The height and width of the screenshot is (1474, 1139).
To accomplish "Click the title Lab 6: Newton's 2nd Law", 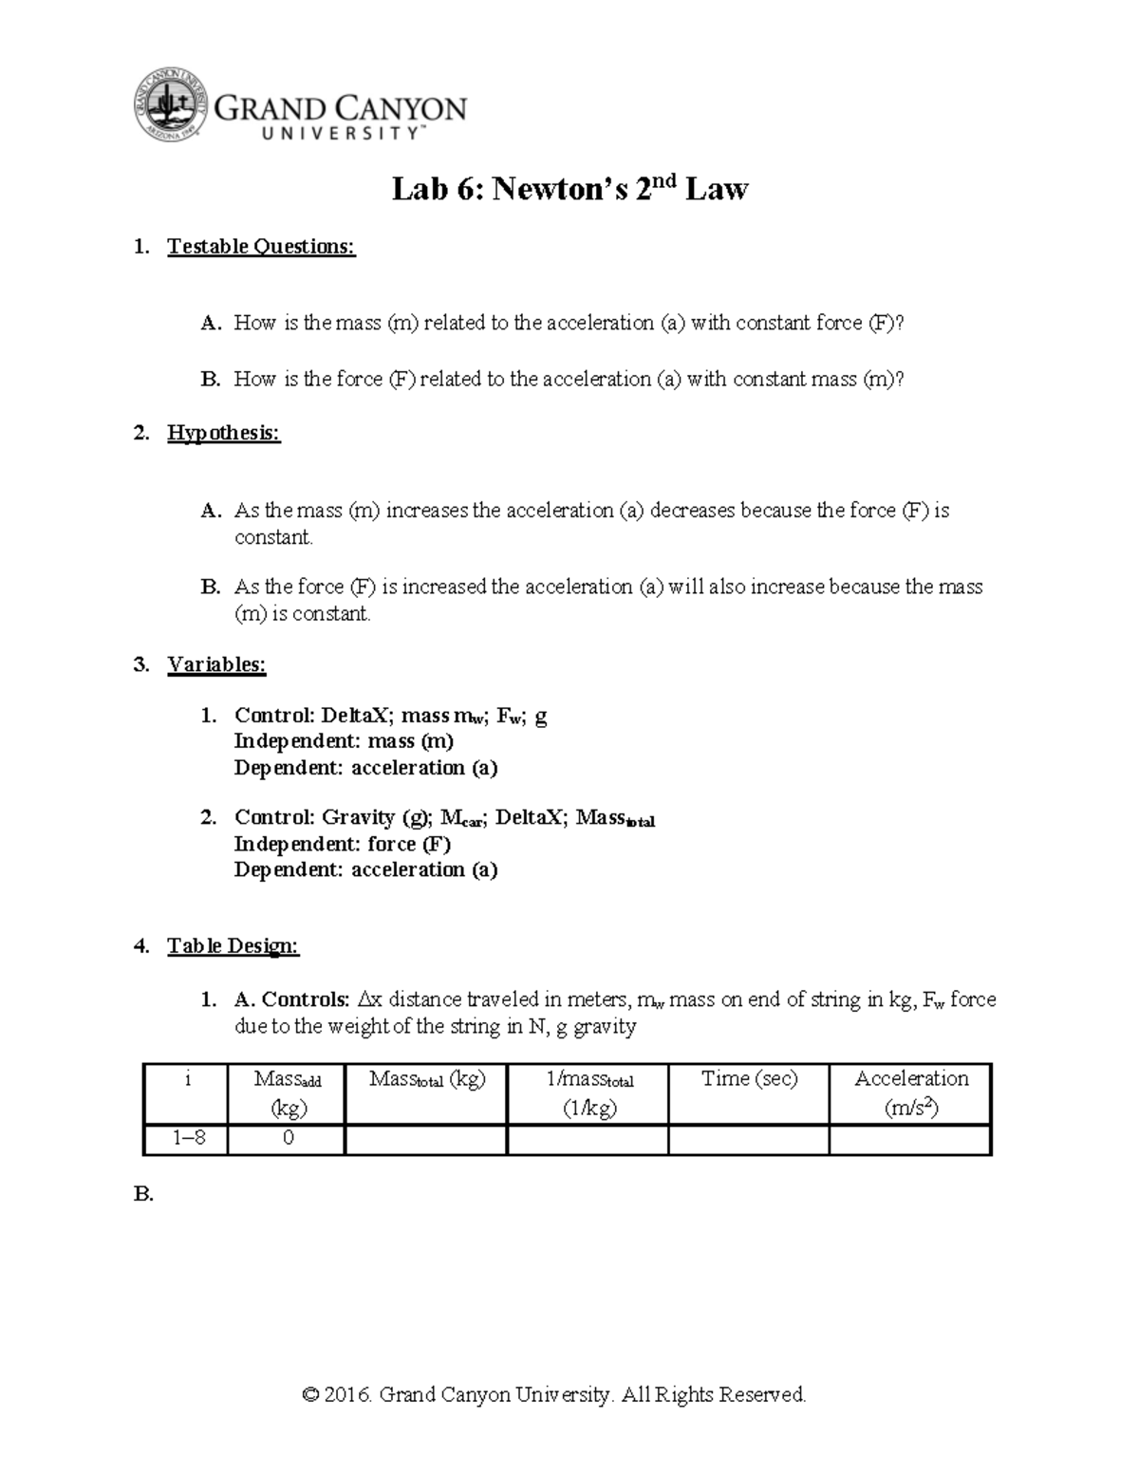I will point(569,190).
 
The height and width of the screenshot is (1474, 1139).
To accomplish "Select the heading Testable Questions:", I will point(261,247).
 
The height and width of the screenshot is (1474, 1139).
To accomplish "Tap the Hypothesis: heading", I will point(224,434).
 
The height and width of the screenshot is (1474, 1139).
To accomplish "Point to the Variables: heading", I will point(216,664).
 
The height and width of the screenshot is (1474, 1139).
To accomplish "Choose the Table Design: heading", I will point(233,945).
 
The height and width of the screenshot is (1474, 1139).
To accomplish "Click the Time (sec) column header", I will point(749,1079).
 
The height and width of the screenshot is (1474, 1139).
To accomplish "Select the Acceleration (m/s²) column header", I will point(910,1092).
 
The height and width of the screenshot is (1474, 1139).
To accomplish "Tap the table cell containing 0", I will point(288,1138).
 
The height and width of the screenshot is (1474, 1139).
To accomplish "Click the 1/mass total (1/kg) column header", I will point(588,1092).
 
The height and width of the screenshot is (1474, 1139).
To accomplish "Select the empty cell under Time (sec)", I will point(749,1138).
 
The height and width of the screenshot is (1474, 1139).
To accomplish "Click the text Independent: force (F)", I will point(342,844).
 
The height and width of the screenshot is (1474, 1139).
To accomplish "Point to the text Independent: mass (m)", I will point(344,741).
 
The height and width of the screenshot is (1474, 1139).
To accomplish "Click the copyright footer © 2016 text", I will point(554,1394).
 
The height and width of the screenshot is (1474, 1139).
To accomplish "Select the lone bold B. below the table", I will point(143,1195).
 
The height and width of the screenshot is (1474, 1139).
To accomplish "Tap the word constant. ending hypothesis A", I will point(273,537).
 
